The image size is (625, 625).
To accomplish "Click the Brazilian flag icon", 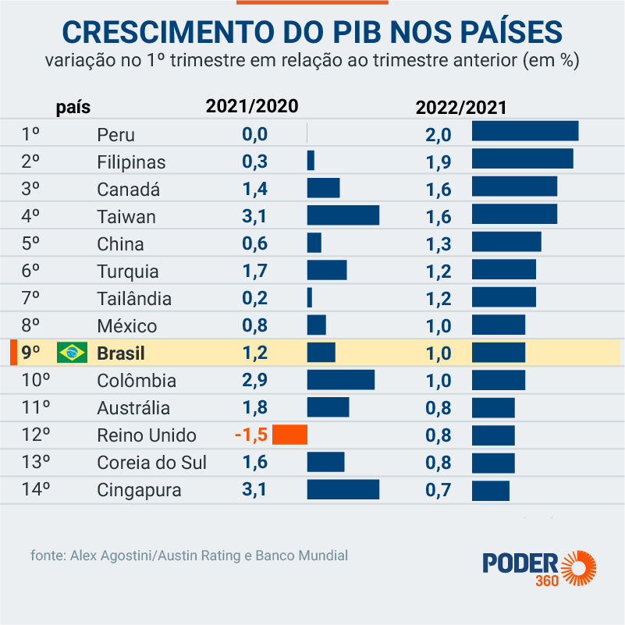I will point(72,353).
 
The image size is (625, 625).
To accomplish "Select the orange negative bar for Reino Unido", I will point(290,435).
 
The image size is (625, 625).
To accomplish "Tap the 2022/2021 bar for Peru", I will point(524,131).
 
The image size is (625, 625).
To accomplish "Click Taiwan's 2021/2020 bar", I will point(343,215).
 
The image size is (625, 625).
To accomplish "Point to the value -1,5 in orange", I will point(250,435).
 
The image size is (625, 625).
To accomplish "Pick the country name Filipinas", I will point(131,162).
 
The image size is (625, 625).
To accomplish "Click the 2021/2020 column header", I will point(251,107).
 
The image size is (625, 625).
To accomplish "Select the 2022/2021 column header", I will point(461,107).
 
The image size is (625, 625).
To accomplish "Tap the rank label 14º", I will point(36,490).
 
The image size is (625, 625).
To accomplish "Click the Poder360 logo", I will point(539,570).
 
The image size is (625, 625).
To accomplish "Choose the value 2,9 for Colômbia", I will point(254,381).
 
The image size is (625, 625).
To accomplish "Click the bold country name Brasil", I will point(121,353).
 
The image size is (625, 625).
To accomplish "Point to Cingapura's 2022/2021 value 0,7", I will point(439,490).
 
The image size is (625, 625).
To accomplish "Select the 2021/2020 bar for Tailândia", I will point(310,297).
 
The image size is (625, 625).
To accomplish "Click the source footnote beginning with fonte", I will point(190,556).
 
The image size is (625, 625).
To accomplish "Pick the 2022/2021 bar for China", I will point(506,242).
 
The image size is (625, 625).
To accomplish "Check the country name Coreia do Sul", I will point(151,463).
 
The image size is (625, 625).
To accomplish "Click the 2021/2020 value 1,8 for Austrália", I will point(254,408).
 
